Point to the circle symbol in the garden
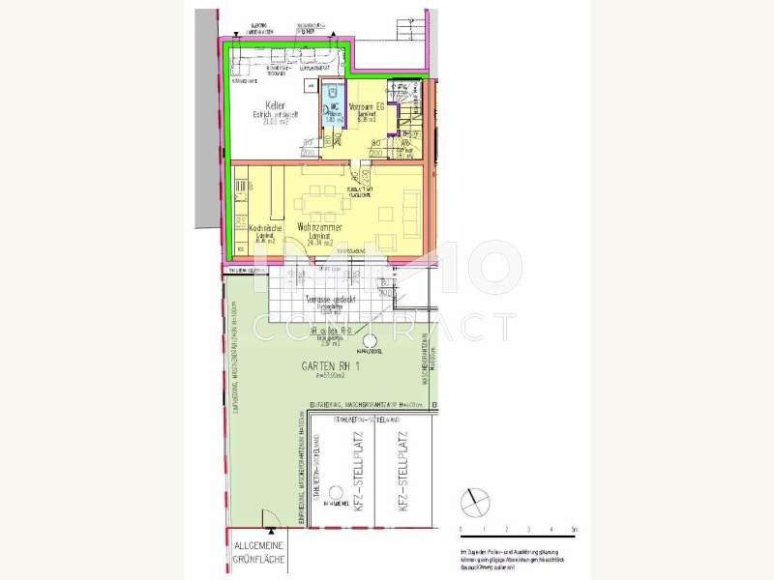point(369,341)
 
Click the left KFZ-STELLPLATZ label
point(358,474)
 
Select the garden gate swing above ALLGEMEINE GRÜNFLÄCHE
point(271,534)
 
